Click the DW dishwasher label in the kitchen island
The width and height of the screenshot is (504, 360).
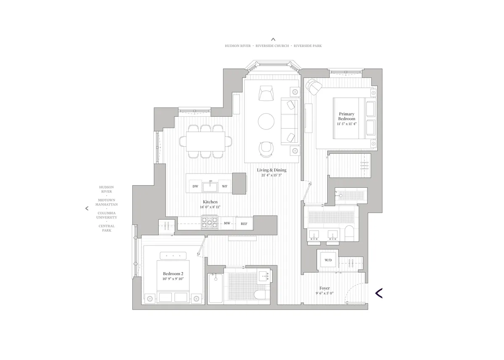pyautogui.click(x=195, y=186)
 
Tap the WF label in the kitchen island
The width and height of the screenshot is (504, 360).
pyautogui.click(x=225, y=186)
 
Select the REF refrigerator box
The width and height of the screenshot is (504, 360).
pyautogui.click(x=244, y=223)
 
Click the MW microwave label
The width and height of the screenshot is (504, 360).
pyautogui.click(x=227, y=223)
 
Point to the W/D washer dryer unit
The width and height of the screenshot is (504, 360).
pyautogui.click(x=328, y=260)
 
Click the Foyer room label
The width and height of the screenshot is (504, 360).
pyautogui.click(x=324, y=288)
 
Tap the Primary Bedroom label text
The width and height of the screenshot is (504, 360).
pyautogui.click(x=346, y=116)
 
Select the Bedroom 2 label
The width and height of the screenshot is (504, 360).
pyautogui.click(x=173, y=273)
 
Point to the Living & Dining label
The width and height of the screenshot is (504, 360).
pyautogui.click(x=272, y=170)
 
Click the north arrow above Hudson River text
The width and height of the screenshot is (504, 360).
pyautogui.click(x=273, y=39)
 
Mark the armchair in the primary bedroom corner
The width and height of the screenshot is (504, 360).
pyautogui.click(x=313, y=86)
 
